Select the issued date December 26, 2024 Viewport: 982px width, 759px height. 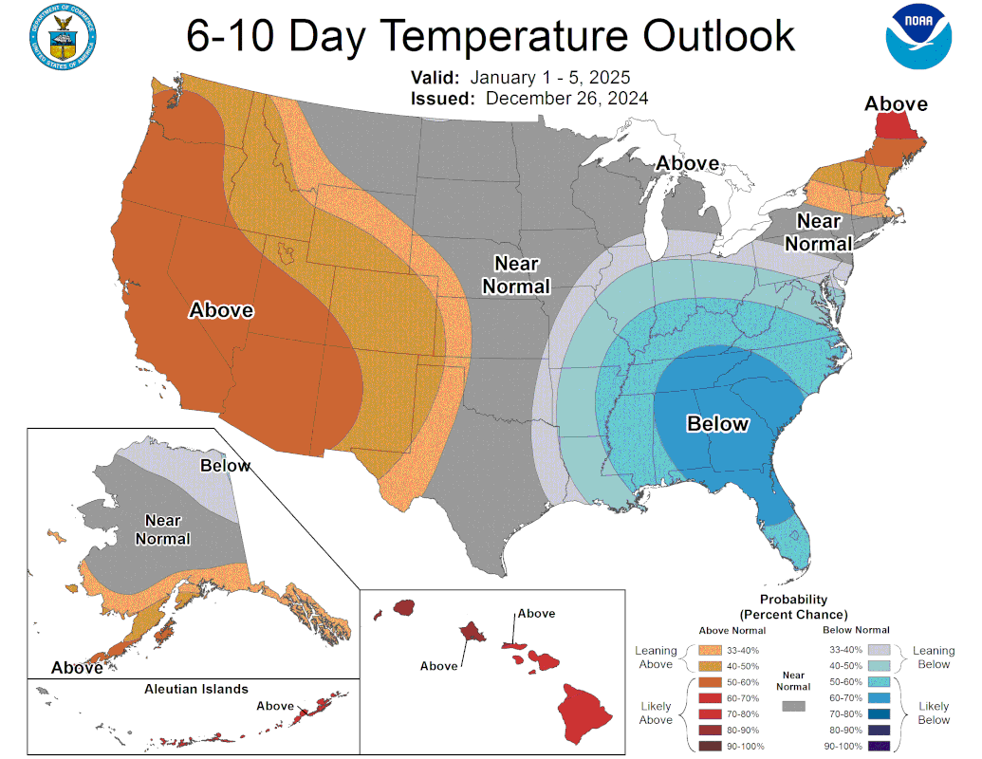[566, 98]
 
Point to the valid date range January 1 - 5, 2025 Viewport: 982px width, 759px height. [550, 78]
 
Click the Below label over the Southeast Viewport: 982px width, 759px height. [717, 423]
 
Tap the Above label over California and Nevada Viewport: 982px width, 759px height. [221, 310]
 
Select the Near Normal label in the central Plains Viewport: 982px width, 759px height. [516, 275]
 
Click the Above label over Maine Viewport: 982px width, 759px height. [895, 103]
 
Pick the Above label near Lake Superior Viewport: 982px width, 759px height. [688, 163]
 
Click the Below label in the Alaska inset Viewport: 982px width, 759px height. [226, 466]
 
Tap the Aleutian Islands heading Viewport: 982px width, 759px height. [196, 689]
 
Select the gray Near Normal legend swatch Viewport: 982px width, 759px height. [793, 706]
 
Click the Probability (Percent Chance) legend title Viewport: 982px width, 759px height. [793, 607]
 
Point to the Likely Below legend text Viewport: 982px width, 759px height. [934, 713]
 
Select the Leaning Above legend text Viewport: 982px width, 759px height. [656, 657]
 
